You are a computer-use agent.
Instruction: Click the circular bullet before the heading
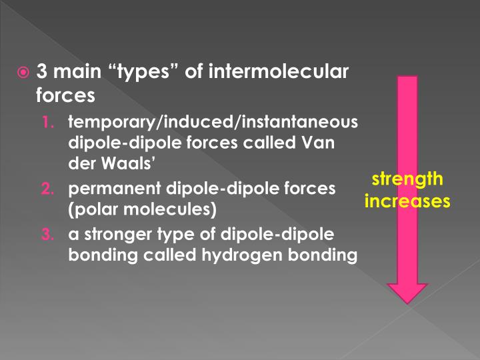pos(23,71)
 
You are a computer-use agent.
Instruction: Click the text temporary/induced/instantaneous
pos(213,123)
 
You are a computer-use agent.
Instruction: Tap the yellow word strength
pos(407,179)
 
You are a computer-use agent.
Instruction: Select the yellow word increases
pos(407,199)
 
